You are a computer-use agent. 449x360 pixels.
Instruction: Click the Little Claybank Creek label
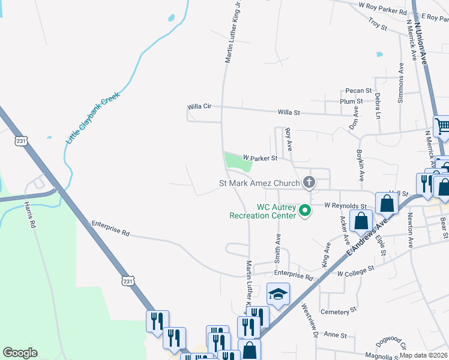[93, 118]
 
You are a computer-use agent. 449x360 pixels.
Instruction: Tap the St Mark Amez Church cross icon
[309, 182]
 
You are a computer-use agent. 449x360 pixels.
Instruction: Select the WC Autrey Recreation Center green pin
[304, 211]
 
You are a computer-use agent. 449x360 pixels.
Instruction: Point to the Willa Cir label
[199, 106]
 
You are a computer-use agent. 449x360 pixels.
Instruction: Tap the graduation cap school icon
[278, 294]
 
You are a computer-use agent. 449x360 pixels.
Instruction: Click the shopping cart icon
[442, 125]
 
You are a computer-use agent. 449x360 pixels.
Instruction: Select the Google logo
[20, 352]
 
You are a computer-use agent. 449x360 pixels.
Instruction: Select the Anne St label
[331, 334]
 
